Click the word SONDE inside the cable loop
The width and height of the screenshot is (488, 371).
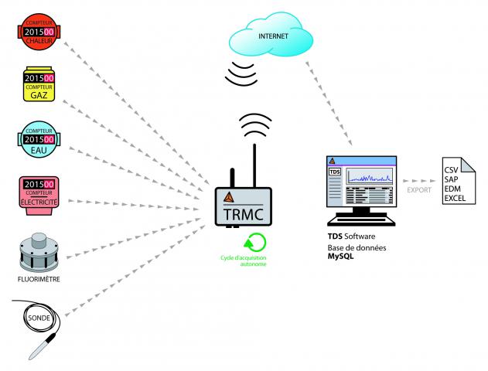tap(39, 317)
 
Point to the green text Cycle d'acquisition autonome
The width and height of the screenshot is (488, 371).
tap(248, 260)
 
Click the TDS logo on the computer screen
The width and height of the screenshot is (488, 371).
tap(335, 172)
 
